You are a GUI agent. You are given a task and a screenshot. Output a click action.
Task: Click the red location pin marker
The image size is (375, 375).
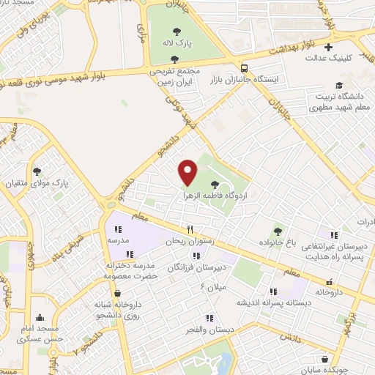coord(188,173)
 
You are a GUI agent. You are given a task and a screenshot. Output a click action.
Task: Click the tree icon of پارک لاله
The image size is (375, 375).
coord(177,31)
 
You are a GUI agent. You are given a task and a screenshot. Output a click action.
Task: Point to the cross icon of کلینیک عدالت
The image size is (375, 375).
coord(329,48)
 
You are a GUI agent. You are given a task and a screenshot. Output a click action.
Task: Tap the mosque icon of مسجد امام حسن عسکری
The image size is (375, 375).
coord(40,319)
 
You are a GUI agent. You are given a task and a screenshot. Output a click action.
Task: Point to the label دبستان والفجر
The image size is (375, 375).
coord(211,330)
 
